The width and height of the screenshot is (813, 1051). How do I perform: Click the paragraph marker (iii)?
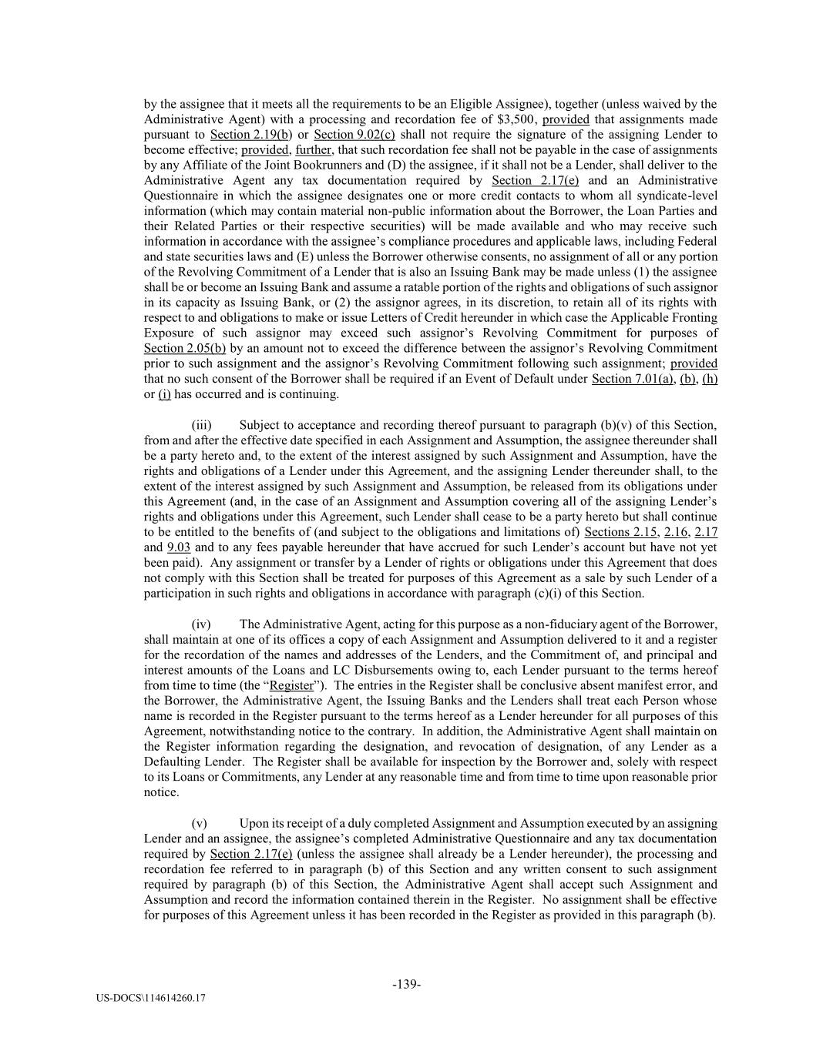[x=201, y=425]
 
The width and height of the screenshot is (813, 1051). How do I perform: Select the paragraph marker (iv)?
[x=201, y=624]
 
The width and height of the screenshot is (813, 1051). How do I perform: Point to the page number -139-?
[x=406, y=984]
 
